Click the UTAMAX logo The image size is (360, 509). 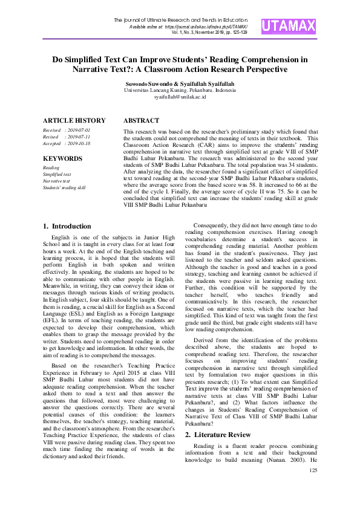(x=289, y=26)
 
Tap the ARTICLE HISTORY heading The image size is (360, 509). (x=74, y=120)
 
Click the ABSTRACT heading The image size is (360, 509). (x=142, y=120)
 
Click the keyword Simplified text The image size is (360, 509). (x=56, y=174)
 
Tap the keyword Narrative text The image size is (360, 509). (x=56, y=181)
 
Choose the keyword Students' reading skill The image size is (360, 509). (x=64, y=187)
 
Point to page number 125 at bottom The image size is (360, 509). (x=313, y=470)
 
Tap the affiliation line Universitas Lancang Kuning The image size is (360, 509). (x=180, y=89)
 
